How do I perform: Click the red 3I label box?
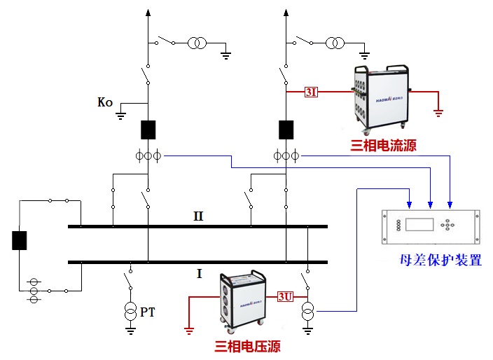point(311,92)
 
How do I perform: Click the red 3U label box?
point(285,296)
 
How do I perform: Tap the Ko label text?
point(105,103)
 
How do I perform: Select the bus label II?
point(199,216)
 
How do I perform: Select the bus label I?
point(199,274)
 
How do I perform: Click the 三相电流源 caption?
point(382,146)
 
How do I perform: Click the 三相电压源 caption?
point(247,346)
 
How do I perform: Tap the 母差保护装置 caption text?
point(440,261)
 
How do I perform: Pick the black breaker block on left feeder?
point(148,130)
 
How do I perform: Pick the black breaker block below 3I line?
point(286,130)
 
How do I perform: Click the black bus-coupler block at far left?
point(19,240)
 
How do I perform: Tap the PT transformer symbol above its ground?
point(130,311)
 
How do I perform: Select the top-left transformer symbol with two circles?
point(195,44)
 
